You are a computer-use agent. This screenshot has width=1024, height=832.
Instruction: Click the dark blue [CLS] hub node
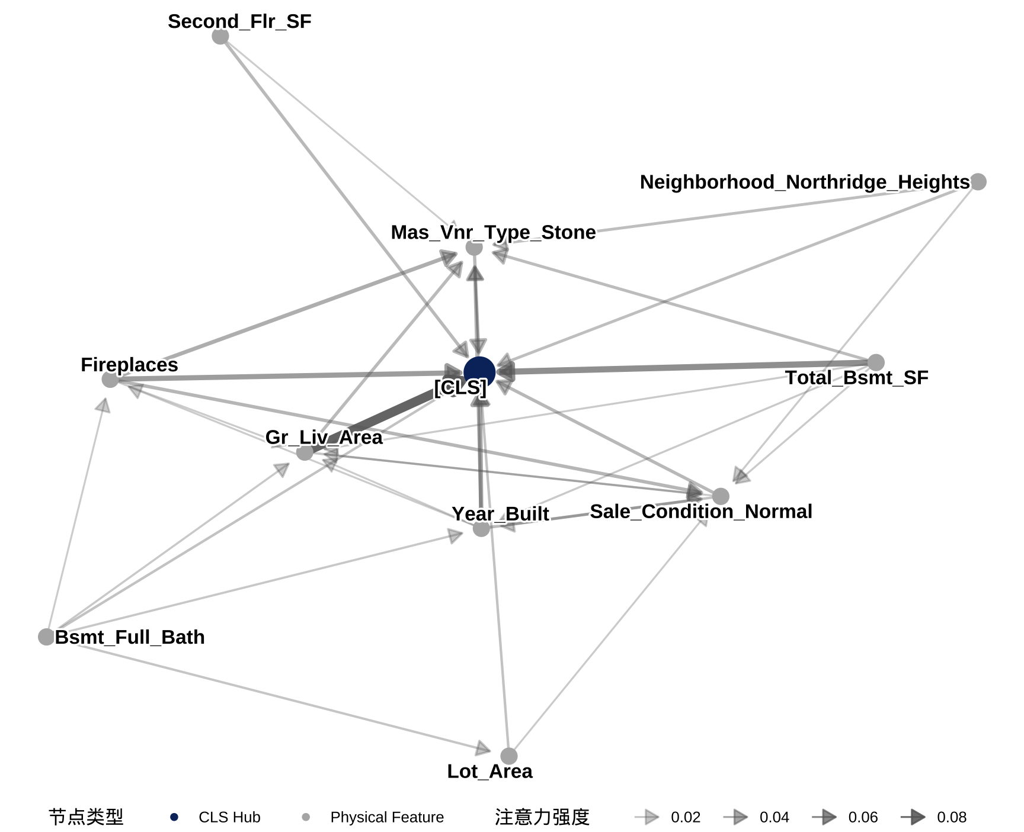[x=479, y=372]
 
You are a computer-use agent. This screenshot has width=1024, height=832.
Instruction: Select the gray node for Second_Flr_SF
[x=220, y=37]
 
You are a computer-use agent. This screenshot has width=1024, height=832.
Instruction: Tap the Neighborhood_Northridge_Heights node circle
[x=978, y=182]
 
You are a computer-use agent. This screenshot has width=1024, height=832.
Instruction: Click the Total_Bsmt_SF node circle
[x=876, y=362]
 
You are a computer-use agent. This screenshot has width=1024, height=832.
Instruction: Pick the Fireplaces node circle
[x=110, y=380]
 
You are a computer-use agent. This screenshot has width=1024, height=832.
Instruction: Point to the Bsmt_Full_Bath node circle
[x=46, y=637]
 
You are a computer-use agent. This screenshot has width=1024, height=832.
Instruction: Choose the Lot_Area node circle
[x=508, y=756]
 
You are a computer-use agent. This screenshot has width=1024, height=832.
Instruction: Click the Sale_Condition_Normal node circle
[x=720, y=496]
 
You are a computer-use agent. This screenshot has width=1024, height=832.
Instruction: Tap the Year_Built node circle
[x=481, y=528]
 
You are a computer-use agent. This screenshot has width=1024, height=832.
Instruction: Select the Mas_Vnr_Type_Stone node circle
[x=473, y=248]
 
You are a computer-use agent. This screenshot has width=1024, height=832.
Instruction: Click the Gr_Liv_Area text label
[x=324, y=437]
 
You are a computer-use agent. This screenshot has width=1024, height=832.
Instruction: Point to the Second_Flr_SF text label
[x=239, y=21]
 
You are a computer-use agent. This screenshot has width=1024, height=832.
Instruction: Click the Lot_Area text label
[x=489, y=772]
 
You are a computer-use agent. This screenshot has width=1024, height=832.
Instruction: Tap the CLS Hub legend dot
[x=174, y=817]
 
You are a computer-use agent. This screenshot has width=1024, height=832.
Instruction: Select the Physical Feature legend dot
[x=306, y=817]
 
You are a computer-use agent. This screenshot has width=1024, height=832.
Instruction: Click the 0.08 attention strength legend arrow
[x=914, y=817]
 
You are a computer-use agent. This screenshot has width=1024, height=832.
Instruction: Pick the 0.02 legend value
[x=686, y=817]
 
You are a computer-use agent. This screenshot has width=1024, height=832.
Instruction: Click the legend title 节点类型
[x=86, y=817]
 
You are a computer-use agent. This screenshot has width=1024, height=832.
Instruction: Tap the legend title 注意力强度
[x=542, y=817]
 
